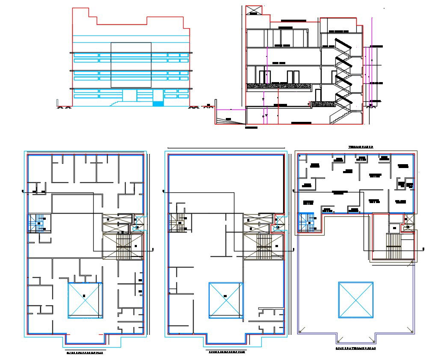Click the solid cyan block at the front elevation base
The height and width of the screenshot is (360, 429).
point(158,104)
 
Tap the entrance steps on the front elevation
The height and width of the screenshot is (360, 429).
point(116,103)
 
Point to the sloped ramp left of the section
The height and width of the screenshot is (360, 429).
point(230,121)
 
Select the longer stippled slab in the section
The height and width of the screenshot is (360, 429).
point(278,86)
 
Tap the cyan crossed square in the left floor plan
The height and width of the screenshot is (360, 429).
point(85,300)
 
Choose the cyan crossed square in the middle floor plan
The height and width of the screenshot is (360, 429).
point(225,300)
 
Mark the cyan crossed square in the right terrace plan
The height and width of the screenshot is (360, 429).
point(355,300)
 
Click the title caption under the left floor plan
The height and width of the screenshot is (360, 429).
point(84,353)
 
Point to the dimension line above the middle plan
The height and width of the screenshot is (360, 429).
point(226,148)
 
